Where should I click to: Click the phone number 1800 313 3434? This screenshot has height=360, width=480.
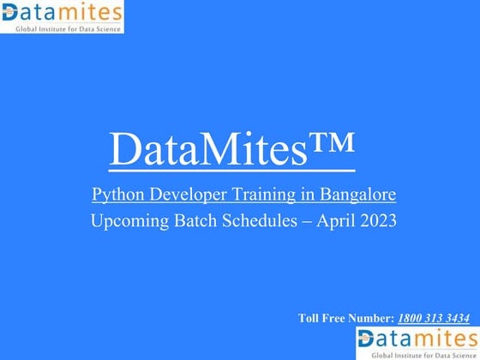pyautogui.click(x=433, y=319)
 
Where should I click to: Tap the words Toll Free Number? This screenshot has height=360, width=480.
pyautogui.click(x=345, y=319)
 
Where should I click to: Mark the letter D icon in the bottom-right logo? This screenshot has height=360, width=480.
pyautogui.click(x=367, y=339)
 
